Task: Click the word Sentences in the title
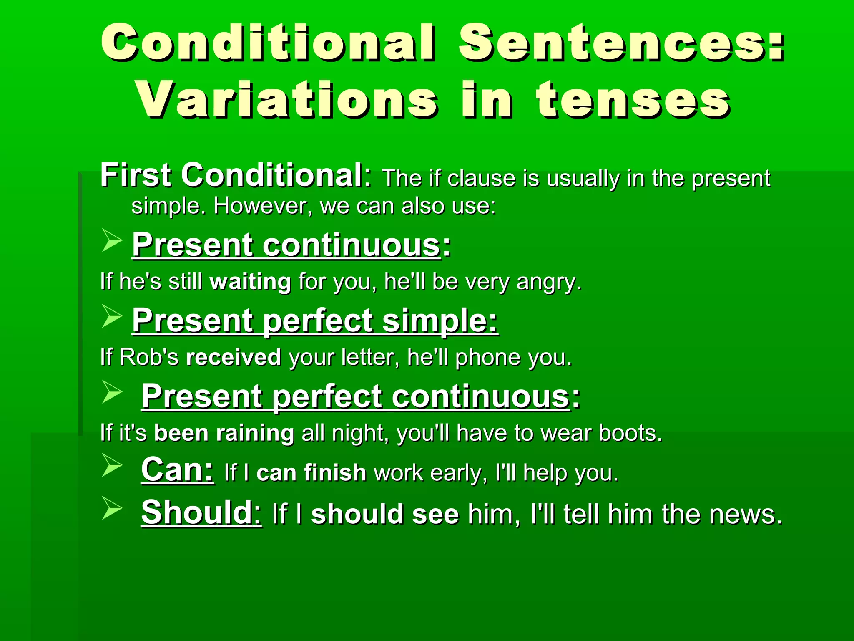coord(621,43)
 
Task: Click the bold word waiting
coord(250,282)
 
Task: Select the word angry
coord(549,283)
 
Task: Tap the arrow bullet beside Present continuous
coord(112,241)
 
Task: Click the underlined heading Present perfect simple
coord(315,320)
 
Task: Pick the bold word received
coord(234,358)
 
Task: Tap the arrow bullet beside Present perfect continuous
coord(112,392)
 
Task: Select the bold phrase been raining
coord(224,433)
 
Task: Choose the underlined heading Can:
coord(177,470)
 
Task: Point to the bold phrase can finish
coord(311,473)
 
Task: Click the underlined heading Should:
coord(201,512)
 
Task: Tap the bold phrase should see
coord(385,514)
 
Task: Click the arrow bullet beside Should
coord(112,508)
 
